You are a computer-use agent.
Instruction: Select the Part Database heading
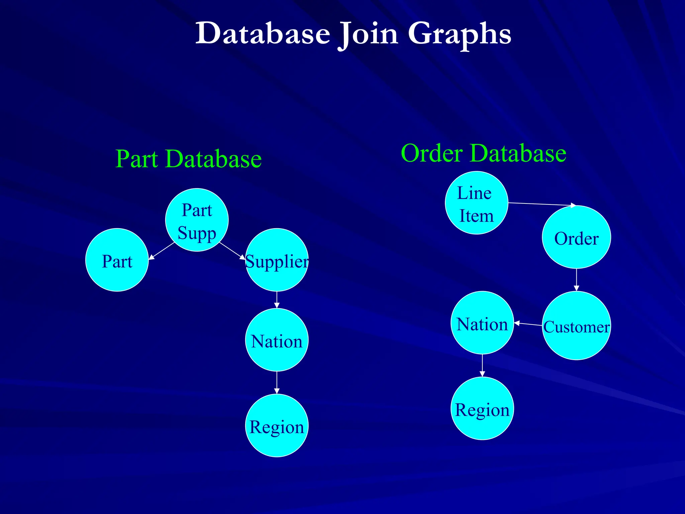pos(188,159)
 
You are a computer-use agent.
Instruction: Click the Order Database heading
pos(483,153)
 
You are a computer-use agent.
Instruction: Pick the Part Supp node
pos(197,220)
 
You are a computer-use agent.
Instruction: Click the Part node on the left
pos(117,260)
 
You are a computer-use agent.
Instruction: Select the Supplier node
pos(277,260)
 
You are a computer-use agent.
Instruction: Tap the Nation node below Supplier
pos(277,340)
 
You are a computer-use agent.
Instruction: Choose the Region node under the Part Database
pos(277,426)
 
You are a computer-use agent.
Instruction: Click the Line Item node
pos(476,203)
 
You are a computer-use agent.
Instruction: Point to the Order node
pos(576,237)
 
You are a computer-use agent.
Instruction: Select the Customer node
pos(576,326)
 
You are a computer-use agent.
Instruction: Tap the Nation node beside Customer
pos(482,323)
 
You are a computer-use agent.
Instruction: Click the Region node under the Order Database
pos(482,409)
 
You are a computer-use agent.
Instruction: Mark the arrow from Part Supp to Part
pos(161,251)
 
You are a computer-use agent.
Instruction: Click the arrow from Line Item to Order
pos(542,204)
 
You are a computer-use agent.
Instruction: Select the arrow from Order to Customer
pos(576,280)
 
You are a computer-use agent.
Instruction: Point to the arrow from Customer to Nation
pos(528,324)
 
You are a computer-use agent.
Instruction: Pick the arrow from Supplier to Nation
pos(277,300)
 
